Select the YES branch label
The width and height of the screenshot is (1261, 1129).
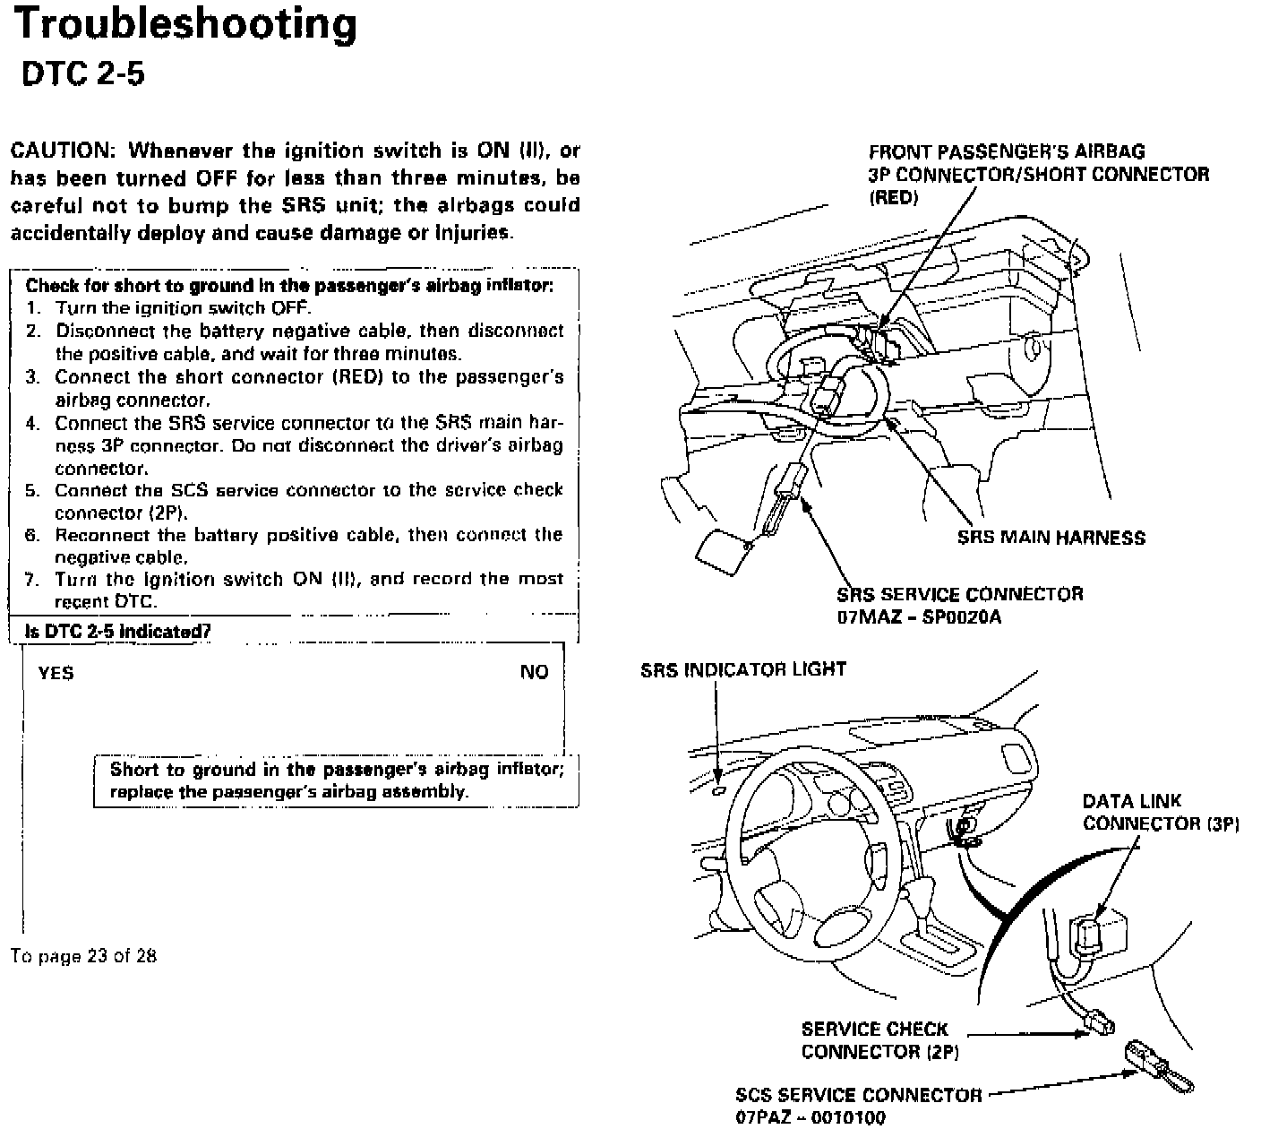tap(56, 672)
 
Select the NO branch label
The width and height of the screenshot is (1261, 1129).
tap(534, 672)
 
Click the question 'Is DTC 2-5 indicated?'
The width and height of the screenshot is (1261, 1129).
tap(118, 631)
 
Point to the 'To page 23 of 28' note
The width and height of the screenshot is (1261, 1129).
tap(84, 955)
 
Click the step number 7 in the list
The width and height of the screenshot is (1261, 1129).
tap(32, 579)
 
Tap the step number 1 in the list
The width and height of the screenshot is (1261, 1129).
tap(33, 308)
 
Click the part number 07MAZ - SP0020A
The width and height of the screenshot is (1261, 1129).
tap(919, 616)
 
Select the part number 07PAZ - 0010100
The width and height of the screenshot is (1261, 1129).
tap(810, 1116)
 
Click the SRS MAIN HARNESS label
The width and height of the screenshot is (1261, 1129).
tap(1051, 538)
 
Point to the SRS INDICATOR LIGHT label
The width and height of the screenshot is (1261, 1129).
tap(742, 669)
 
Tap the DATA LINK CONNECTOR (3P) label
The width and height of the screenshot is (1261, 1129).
tap(1160, 812)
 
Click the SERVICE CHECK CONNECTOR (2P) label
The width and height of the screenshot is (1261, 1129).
tap(879, 1040)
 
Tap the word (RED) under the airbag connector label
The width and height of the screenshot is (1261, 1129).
tap(893, 197)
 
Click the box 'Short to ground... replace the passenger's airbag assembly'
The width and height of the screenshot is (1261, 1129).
tap(337, 780)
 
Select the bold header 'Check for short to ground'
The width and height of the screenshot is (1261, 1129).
tap(289, 286)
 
